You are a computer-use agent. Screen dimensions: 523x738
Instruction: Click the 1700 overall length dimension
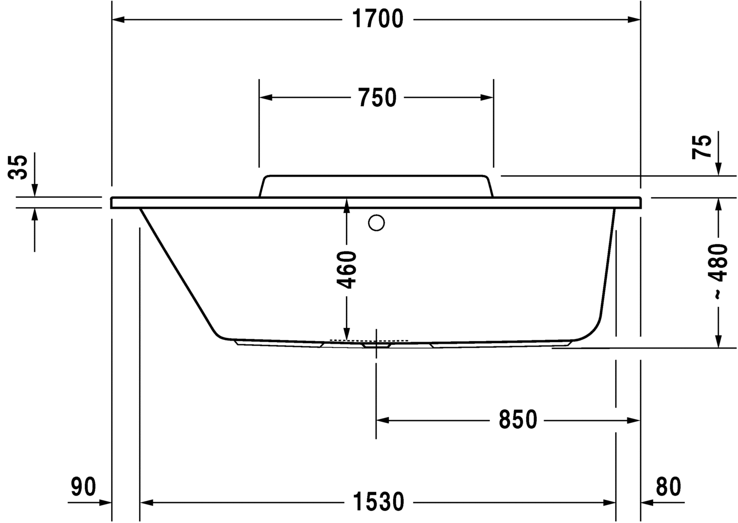[x=377, y=20]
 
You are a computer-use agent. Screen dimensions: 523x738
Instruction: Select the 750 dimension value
[x=377, y=98]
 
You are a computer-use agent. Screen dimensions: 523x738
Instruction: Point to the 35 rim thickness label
[x=19, y=167]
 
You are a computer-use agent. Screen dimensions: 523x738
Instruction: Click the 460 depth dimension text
[x=347, y=270]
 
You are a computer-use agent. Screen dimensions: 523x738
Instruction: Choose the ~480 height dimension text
[x=719, y=272]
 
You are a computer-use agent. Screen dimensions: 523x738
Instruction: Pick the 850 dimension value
[x=517, y=420]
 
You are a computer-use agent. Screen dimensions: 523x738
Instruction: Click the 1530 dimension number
[x=378, y=502]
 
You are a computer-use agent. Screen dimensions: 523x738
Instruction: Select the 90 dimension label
[x=84, y=487]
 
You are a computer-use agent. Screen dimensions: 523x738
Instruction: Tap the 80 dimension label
[x=668, y=487]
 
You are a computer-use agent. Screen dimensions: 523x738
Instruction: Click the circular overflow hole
[x=377, y=223]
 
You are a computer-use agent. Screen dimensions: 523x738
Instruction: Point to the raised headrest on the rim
[x=376, y=186]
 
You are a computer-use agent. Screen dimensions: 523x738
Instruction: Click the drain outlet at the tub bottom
[x=376, y=346]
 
